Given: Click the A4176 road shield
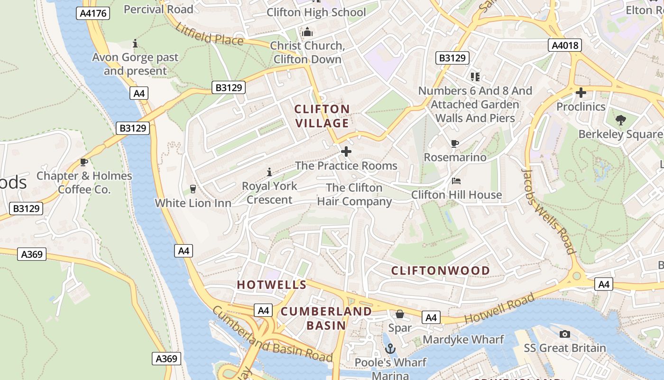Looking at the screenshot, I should pos(93,14).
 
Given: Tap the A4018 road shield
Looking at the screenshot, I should pos(565,45).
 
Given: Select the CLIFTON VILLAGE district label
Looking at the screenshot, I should pos(322,116).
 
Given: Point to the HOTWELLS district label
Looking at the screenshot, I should pos(272,285).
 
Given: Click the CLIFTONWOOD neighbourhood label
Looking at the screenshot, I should pos(441,271).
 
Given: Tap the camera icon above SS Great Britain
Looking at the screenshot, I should pos(564,334).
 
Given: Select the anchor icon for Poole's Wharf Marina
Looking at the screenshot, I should pos(390,349).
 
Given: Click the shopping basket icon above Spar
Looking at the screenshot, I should pos(400,314).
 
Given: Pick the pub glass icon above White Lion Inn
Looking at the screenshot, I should pos(193,189).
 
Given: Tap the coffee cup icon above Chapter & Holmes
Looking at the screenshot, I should pos(84,162).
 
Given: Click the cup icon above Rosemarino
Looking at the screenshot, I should pos(455,143).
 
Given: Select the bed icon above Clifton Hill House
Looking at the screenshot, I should pos(456,181).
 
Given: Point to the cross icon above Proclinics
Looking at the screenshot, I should pos(581,93).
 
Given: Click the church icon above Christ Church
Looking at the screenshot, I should pos(307,32).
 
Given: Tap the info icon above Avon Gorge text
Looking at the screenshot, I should pos(135,44).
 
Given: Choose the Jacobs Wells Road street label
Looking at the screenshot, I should pos(549,211).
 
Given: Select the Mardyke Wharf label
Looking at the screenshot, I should pos(463,340).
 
